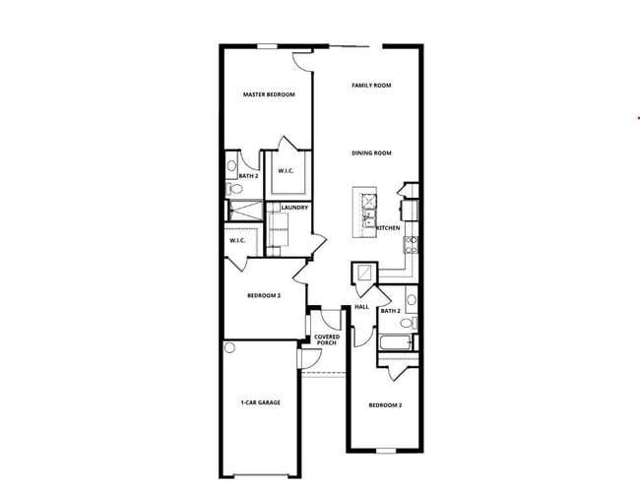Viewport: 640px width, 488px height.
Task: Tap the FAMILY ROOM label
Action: click(371, 86)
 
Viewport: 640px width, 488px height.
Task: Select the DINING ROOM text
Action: click(372, 152)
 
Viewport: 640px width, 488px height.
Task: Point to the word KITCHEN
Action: click(388, 228)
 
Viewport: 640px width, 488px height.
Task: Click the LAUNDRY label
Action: click(294, 208)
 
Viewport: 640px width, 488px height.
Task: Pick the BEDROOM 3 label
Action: click(264, 295)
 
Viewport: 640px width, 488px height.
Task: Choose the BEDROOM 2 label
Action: click(385, 405)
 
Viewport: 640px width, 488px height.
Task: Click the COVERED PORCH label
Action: click(327, 339)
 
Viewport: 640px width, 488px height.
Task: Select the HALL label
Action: click(360, 307)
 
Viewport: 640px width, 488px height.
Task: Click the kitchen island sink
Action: click(369, 211)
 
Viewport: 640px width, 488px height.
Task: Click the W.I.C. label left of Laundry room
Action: click(237, 241)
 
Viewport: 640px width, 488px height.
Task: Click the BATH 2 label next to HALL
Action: click(391, 311)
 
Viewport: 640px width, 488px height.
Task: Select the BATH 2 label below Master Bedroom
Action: click(248, 177)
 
